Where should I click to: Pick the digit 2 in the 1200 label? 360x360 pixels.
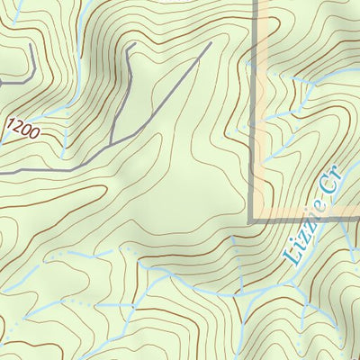tap(21, 125)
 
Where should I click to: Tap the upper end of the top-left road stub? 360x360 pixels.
tap(33, 42)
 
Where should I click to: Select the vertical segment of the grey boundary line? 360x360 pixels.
tap(253, 108)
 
